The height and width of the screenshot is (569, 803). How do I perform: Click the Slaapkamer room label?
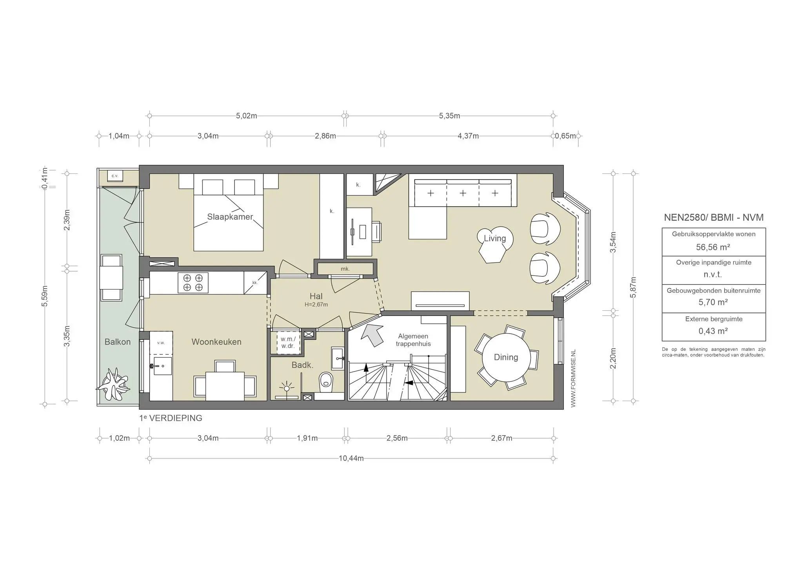coord(230,217)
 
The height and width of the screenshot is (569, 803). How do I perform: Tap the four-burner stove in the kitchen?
coord(193,283)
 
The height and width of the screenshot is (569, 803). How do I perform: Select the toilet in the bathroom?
coord(325,382)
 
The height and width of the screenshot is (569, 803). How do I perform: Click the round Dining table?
coord(506,357)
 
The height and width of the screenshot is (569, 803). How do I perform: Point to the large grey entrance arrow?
coord(372,334)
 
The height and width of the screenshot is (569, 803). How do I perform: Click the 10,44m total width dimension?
coord(351,458)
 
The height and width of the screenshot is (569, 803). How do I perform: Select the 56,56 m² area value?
coord(713,247)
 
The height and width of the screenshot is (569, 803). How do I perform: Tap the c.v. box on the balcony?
coord(115,176)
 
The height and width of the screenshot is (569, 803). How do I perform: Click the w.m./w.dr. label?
coord(288,342)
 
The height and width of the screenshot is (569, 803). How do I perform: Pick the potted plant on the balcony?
coord(114,384)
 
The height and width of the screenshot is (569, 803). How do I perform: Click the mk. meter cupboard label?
coord(345,269)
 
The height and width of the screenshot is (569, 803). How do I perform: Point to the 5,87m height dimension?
coord(633,287)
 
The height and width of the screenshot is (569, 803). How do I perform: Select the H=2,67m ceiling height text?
coord(316,305)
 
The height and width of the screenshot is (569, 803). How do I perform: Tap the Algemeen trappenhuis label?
coord(413,340)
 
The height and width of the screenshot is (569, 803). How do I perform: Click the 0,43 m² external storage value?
coord(713,331)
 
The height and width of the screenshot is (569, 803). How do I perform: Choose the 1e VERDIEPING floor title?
coord(171,418)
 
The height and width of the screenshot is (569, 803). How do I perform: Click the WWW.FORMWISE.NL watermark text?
coord(573,378)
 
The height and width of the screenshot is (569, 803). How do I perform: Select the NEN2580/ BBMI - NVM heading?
coord(714,217)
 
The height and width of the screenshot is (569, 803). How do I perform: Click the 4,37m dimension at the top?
coord(468,136)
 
